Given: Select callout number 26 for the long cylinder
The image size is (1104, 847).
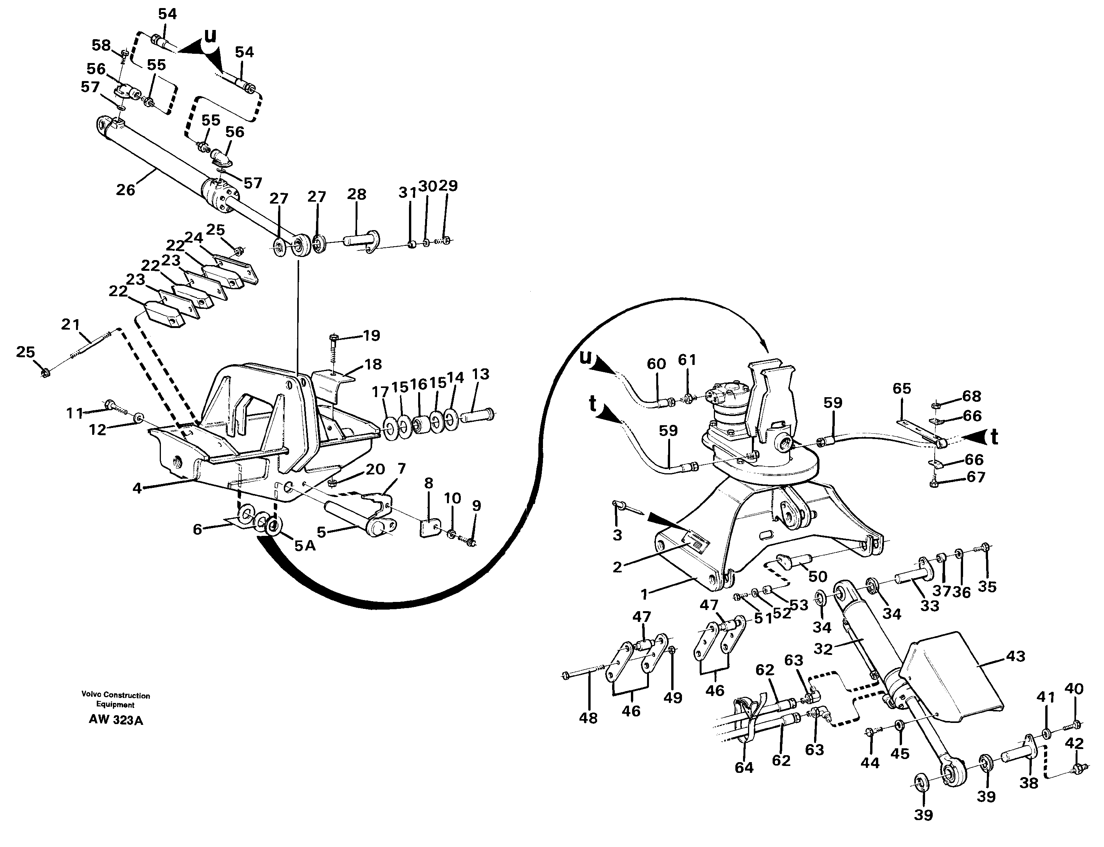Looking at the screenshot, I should click(126, 190).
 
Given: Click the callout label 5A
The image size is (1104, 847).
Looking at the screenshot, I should click(305, 545).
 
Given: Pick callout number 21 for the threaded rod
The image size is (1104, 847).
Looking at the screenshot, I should click(71, 324).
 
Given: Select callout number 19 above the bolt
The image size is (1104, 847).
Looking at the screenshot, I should click(372, 335).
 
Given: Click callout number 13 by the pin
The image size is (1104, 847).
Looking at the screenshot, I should click(481, 374).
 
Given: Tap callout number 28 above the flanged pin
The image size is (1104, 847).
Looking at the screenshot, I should click(356, 194).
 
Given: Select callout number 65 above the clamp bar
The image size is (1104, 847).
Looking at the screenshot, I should click(902, 388).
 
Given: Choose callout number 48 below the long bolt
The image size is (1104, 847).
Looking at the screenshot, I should click(588, 718).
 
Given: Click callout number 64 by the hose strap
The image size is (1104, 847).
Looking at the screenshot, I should click(744, 767).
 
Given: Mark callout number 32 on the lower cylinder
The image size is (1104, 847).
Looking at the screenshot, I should click(823, 648).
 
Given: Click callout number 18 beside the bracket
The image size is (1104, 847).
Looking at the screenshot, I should click(373, 364).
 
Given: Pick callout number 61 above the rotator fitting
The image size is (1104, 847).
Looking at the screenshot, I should click(687, 360).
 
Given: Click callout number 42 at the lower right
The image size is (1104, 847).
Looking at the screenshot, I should click(1074, 744).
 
